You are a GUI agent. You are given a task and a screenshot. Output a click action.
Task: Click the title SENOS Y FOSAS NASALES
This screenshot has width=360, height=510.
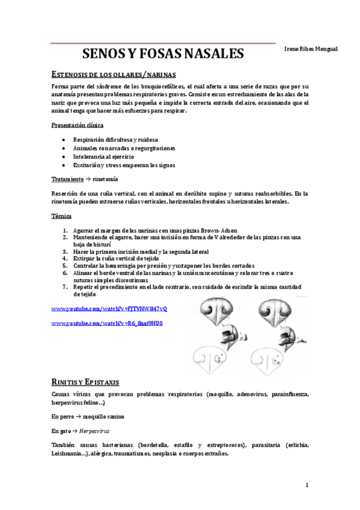(x=162, y=54)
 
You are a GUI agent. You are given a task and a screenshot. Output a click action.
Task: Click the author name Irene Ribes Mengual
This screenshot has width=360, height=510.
(x=311, y=49)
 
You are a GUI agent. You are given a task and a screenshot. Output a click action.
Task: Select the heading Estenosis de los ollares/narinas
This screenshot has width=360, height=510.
(x=114, y=75)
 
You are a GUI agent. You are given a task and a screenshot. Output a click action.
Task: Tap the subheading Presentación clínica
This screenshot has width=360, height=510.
(x=77, y=125)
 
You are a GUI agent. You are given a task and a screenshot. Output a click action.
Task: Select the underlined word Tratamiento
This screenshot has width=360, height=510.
(x=67, y=179)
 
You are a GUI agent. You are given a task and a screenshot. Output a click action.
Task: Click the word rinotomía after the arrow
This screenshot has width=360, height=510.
(x=105, y=179)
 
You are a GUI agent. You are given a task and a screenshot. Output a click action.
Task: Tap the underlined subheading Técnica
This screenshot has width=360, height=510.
(x=61, y=215)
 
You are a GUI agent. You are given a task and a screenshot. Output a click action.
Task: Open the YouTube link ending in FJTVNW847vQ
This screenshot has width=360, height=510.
(x=109, y=309)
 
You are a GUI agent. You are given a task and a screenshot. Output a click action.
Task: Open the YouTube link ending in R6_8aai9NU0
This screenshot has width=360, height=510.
(x=107, y=324)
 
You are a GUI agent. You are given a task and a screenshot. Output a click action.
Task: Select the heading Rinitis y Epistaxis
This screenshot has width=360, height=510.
(x=85, y=382)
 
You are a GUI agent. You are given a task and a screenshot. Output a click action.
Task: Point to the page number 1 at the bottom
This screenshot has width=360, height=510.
(x=307, y=485)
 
